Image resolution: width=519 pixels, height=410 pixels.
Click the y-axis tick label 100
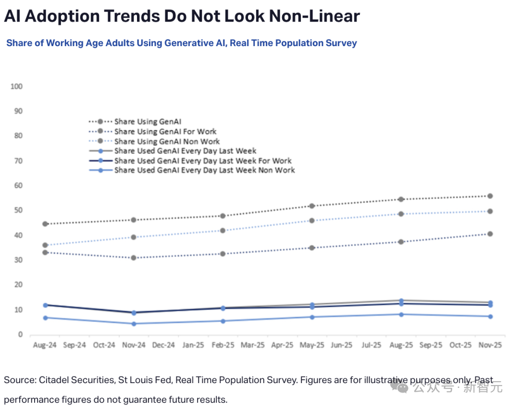16,87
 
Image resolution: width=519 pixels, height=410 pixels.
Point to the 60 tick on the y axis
18,186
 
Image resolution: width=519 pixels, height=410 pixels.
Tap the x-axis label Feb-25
223,345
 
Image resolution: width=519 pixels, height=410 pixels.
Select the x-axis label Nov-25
490,345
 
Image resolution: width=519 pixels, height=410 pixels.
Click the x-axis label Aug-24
45,345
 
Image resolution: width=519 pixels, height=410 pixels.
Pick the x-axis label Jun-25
342,345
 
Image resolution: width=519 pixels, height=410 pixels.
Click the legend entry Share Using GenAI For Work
165,132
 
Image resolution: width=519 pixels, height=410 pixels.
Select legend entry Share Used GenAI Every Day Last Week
185,151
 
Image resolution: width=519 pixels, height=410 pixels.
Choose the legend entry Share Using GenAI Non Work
167,141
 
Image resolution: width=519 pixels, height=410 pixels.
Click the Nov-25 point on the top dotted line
490,196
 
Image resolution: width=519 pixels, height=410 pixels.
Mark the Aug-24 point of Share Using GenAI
45,224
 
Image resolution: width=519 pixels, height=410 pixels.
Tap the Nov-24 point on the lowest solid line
134,323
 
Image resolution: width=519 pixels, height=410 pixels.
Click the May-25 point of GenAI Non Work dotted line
312,221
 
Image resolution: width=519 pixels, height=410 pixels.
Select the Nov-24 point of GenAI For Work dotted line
134,258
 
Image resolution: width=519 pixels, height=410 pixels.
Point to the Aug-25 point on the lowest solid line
401,314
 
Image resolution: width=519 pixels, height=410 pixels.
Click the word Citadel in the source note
54,380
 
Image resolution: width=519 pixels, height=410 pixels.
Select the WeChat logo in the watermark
399,386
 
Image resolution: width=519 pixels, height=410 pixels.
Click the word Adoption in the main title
62,16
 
